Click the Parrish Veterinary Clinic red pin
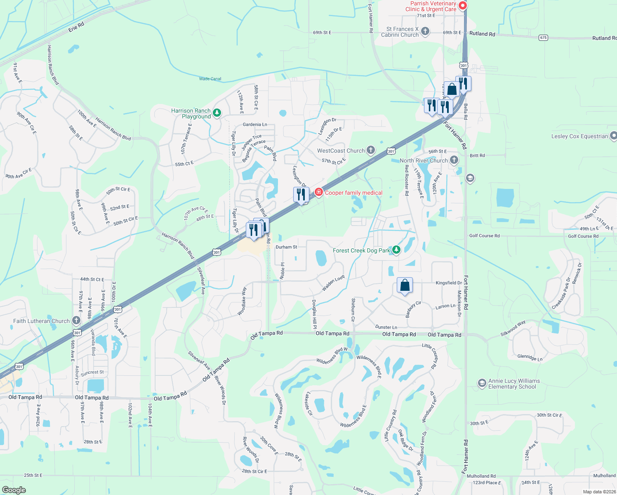tap(463, 5)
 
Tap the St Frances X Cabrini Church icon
tap(425, 31)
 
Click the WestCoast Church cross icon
tap(371, 150)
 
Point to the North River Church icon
tap(454, 160)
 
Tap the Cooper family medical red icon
tap(319, 192)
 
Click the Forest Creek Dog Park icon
tap(396, 250)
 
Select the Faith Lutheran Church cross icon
tap(76, 320)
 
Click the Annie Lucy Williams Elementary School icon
tap(482, 383)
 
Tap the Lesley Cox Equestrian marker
tap(613, 136)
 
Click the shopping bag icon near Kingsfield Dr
tap(405, 285)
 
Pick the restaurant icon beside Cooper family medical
tap(301, 194)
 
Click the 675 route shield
tap(544, 38)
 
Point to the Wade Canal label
tap(210, 79)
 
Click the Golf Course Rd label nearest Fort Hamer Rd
tap(484, 236)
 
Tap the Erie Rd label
tap(76, 27)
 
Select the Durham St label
tap(286, 247)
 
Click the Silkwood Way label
tap(513, 328)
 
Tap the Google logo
tap(14, 490)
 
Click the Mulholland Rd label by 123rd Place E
tap(481, 476)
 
